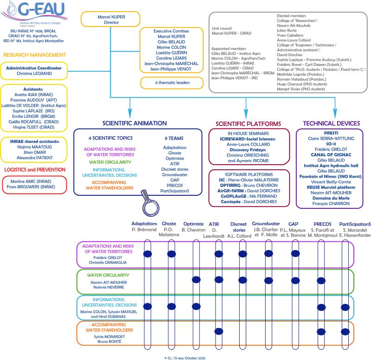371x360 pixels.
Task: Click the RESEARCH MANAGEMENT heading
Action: point(35,54)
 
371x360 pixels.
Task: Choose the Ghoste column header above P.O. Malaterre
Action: point(169,224)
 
